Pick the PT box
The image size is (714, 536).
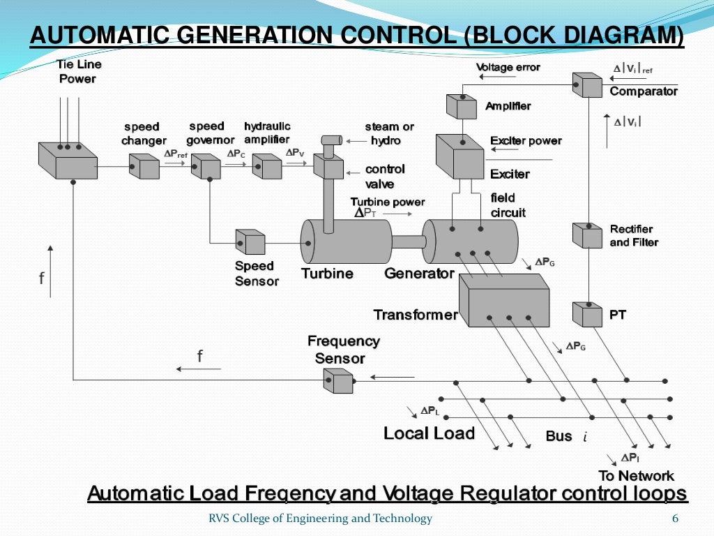[x=586, y=314]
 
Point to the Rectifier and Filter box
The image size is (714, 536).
[x=586, y=235]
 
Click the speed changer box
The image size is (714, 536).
[x=144, y=166]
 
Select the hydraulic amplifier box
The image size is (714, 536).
[x=266, y=166]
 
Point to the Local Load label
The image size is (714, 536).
[x=429, y=433]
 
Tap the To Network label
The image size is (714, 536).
[x=636, y=476]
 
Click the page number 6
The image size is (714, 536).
[x=674, y=519]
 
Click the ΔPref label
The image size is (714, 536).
[x=175, y=154]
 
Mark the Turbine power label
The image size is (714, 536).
[x=387, y=202]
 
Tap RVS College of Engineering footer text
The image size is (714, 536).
[x=320, y=519]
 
